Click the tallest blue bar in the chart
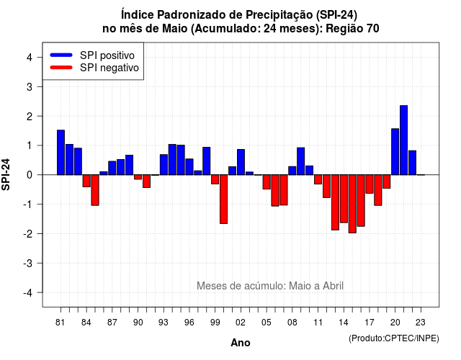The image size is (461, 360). (403, 140)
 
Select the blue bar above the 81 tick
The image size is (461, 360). (61, 153)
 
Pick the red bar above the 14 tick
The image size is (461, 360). (344, 199)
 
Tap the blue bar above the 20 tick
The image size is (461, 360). (395, 152)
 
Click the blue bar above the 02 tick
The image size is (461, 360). (241, 162)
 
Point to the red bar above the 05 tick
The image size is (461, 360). (267, 182)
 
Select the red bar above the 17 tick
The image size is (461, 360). (370, 184)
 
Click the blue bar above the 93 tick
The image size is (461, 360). (164, 165)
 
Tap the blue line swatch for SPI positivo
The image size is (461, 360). (61, 55)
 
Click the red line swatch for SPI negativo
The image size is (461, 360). (61, 68)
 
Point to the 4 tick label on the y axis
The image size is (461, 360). (30, 58)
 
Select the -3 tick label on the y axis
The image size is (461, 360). (27, 264)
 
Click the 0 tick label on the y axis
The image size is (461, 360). (30, 175)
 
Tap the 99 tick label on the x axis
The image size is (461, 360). (215, 323)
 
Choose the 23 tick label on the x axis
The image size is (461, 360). (421, 323)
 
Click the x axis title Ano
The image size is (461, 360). (241, 343)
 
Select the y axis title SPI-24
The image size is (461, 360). (6, 174)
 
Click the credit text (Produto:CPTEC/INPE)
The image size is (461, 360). (394, 338)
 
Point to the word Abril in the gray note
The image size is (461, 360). (333, 286)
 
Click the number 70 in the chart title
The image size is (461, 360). (372, 29)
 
